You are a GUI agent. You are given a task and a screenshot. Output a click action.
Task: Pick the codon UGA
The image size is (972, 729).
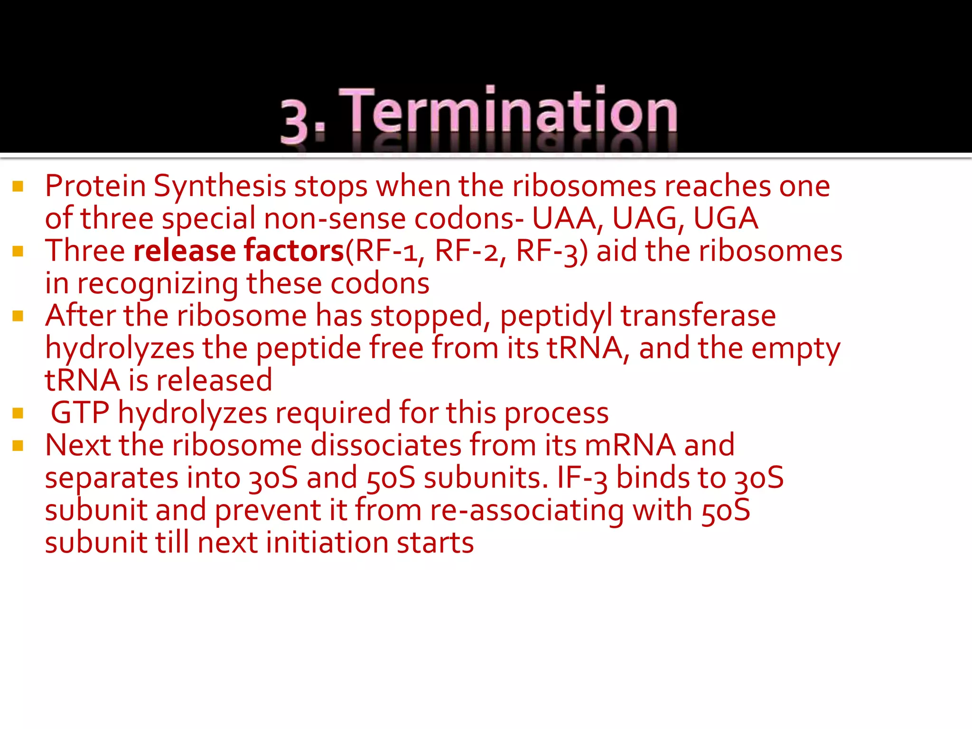726,218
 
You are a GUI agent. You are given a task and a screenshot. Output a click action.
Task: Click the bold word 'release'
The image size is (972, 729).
185,251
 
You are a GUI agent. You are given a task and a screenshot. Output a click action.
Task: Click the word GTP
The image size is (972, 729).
80,412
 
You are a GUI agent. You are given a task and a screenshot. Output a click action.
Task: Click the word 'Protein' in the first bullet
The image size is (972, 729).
95,186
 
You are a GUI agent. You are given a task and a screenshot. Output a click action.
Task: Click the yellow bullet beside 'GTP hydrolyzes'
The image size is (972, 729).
18,413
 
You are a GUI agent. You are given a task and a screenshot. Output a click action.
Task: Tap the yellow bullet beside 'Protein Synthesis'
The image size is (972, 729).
18,187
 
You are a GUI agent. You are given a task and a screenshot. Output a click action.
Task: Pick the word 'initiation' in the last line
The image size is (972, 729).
327,542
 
